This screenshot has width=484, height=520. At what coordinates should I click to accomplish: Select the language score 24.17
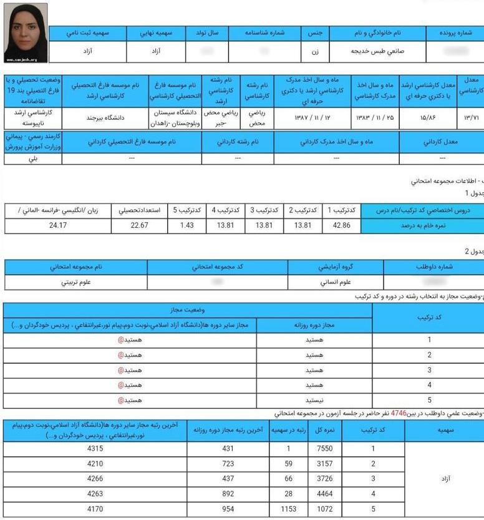click(x=58, y=225)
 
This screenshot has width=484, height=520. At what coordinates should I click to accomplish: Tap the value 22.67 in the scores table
click(x=139, y=225)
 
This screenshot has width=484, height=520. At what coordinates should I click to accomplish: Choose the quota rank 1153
click(x=284, y=509)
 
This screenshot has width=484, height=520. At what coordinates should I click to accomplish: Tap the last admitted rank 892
click(x=229, y=494)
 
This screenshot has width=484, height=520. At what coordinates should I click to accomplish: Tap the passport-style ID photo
click(x=26, y=33)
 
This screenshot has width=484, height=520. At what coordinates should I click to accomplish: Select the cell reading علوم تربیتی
click(x=75, y=283)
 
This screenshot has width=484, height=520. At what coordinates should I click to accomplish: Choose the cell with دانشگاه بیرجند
click(x=105, y=117)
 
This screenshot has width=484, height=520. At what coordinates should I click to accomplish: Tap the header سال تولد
click(x=203, y=32)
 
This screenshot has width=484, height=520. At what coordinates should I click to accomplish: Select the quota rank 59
click(x=284, y=464)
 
